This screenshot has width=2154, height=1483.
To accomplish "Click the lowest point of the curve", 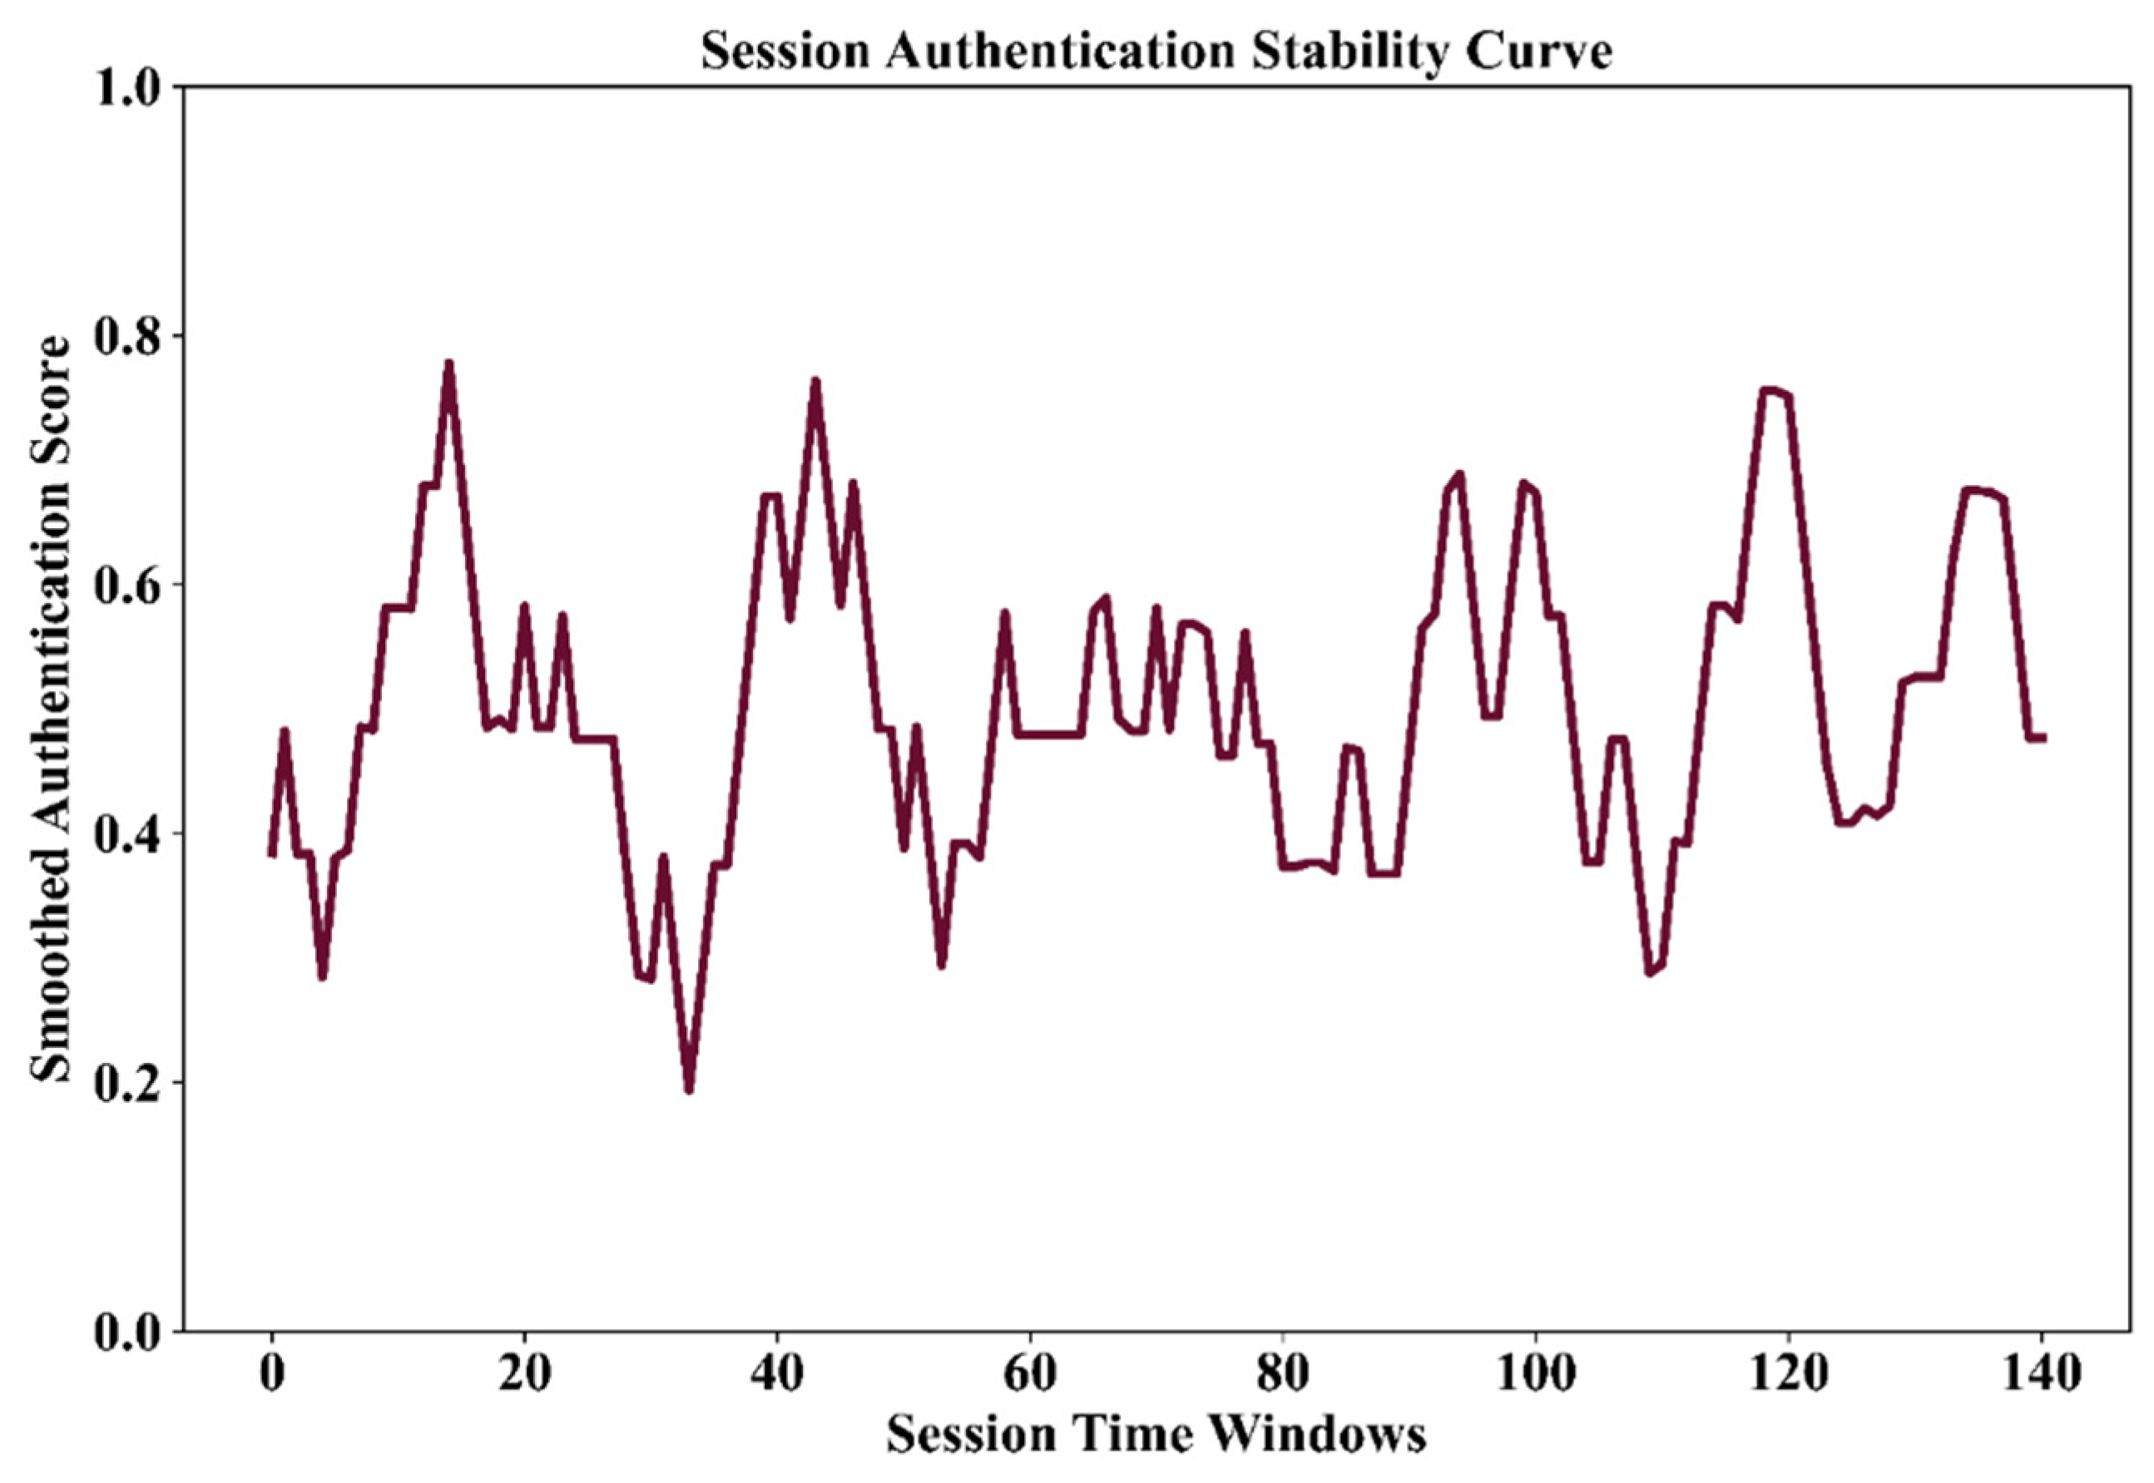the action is tap(689, 1090).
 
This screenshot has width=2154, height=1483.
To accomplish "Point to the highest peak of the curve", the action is tap(448, 363).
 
